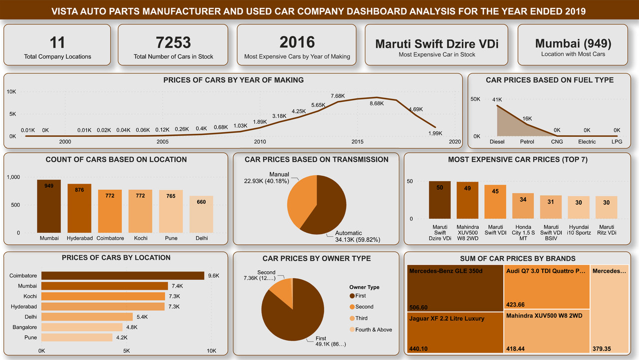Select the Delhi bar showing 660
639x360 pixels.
[201, 215]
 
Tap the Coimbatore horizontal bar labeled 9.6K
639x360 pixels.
[122, 276]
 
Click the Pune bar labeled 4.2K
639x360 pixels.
[76, 338]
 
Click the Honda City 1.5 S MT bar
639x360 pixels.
[523, 206]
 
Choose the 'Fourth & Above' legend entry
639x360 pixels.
[373, 330]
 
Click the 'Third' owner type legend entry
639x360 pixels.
[361, 318]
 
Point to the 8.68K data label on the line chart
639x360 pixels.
[376, 103]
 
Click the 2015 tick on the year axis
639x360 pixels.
[357, 142]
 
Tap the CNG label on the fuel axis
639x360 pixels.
[557, 142]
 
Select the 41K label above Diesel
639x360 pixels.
[497, 100]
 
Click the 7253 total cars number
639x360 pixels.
[173, 42]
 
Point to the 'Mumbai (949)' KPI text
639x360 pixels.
[573, 43]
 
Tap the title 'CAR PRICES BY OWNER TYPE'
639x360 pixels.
[317, 258]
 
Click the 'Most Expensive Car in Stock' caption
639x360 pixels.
[437, 54]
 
